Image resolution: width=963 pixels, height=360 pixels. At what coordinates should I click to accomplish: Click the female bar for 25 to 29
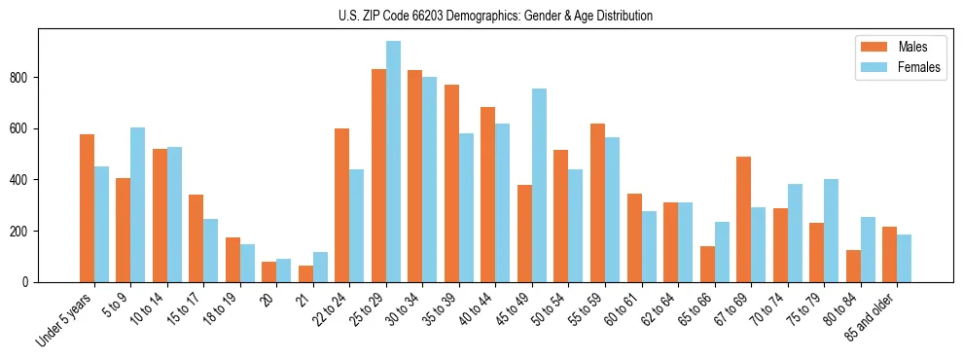[393, 162]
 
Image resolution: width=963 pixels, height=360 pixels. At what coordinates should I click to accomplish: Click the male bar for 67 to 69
[743, 220]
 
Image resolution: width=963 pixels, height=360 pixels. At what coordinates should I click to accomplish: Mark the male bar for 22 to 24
[342, 205]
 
